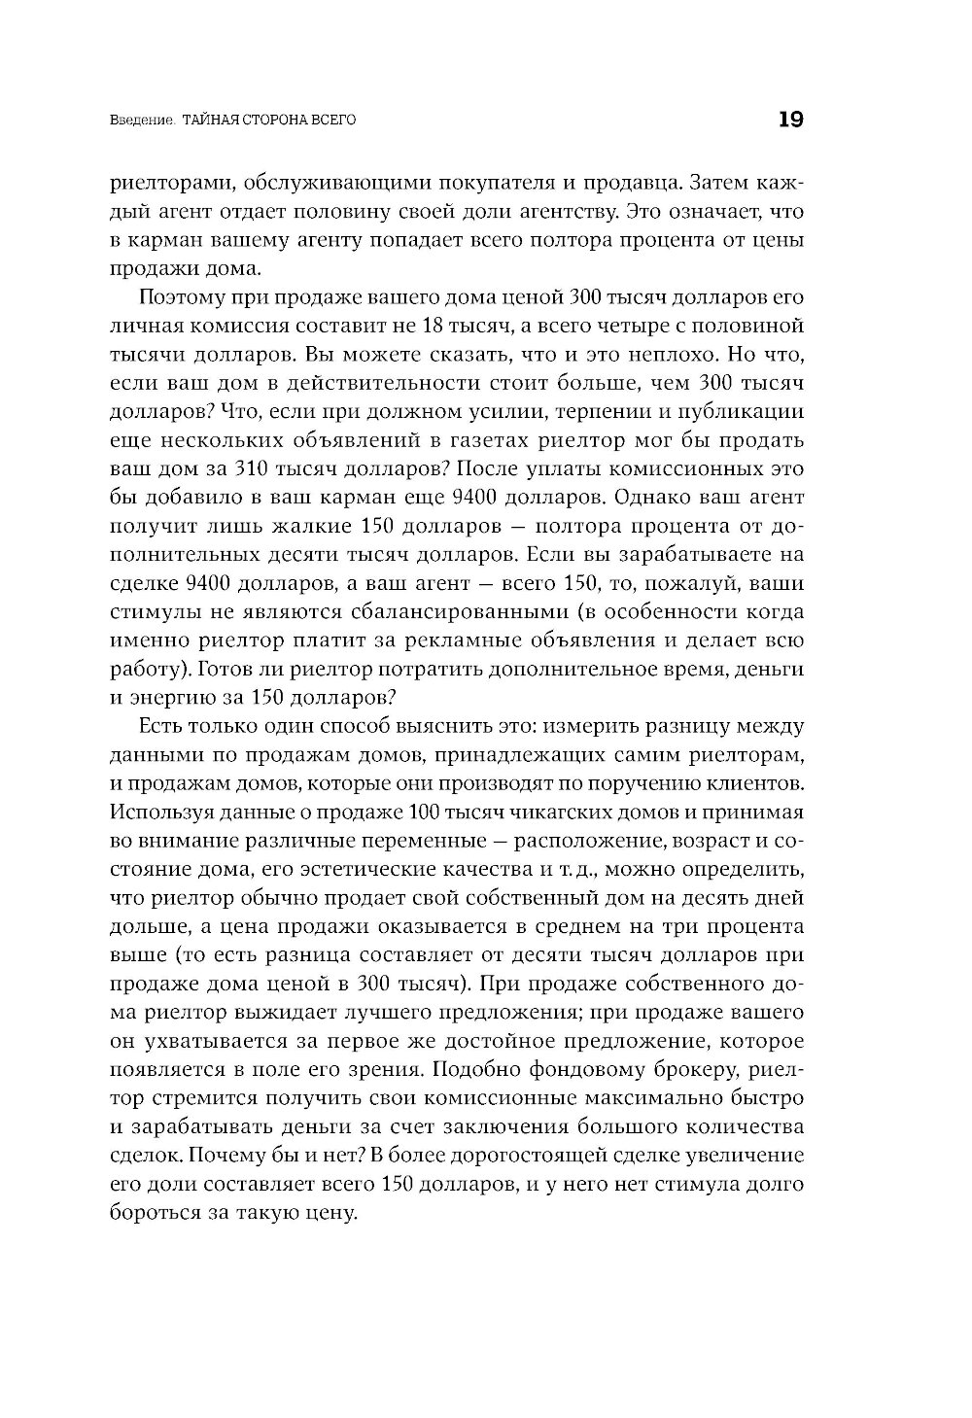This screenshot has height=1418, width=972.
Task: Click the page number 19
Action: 789,120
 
